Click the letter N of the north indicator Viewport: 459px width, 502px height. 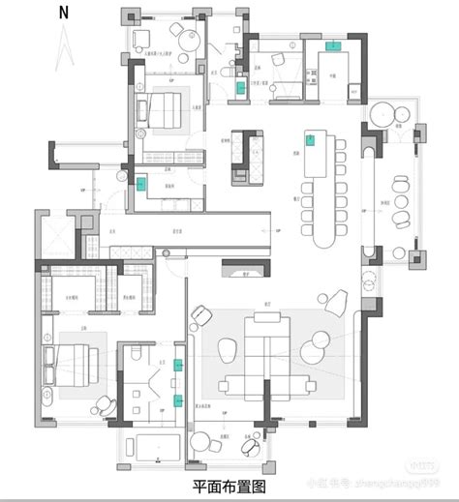[x=64, y=12]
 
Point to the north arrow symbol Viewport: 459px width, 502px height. [x=63, y=44]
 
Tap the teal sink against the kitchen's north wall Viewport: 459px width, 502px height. [x=333, y=44]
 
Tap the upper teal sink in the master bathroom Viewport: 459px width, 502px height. [x=177, y=365]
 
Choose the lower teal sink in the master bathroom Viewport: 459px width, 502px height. [x=177, y=399]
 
